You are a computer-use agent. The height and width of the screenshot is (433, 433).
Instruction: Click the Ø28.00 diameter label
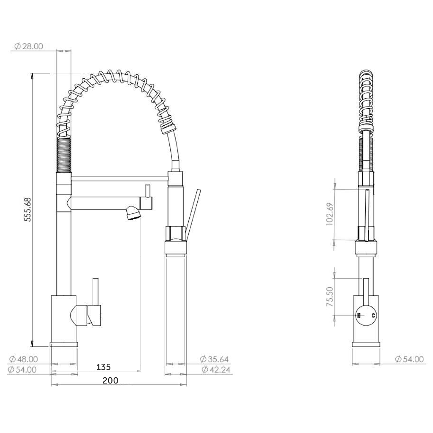coord(28,46)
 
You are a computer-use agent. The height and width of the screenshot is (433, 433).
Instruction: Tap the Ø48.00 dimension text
coord(22,359)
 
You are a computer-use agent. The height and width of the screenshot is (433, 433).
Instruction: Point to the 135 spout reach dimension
coord(104,366)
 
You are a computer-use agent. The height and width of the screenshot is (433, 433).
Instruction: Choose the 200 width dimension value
coord(110,381)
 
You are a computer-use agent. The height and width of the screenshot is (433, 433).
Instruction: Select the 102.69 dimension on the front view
coord(330,214)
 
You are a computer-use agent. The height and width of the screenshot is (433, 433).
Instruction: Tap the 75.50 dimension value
coord(330,296)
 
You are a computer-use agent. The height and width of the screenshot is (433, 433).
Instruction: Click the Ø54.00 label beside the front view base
coord(409,359)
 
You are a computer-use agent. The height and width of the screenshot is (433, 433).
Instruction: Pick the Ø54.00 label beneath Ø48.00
coord(22,370)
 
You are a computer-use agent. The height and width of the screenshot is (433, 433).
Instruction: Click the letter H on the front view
coord(359,315)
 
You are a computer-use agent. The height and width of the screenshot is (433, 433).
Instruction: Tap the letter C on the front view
coord(373,315)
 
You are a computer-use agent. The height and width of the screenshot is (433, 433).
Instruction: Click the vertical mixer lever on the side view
coord(96,291)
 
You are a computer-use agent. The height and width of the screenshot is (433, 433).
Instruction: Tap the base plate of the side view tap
coord(64,344)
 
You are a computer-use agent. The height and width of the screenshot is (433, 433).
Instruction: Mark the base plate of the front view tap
coord(366,345)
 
